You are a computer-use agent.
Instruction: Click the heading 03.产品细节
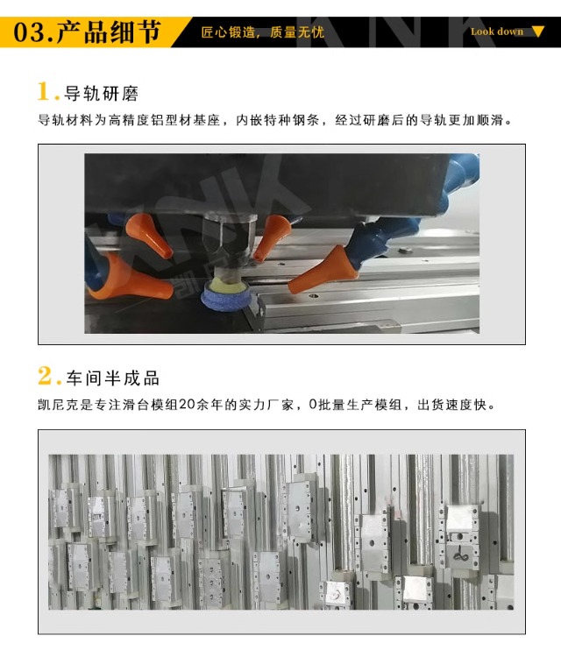87,32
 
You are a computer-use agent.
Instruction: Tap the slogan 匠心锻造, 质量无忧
262,32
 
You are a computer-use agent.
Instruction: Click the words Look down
497,32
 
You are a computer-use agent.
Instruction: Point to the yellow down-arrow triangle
537,32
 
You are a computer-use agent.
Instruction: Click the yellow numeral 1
44,91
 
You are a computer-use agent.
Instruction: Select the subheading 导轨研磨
101,93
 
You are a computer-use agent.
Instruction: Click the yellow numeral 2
45,376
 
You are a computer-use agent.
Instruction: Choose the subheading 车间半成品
112,378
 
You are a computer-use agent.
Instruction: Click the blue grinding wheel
226,295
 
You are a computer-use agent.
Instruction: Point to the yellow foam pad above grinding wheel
227,283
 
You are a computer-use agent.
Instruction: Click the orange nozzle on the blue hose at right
323,270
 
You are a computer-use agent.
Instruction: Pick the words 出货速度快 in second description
451,404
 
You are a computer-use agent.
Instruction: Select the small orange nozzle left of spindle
149,235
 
